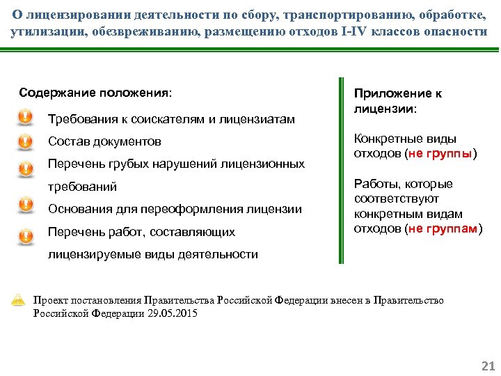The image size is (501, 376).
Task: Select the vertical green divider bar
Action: click(x=340, y=170)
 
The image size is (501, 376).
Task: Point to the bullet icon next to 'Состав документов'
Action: click(x=24, y=142)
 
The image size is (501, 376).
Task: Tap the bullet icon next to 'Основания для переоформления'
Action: click(x=24, y=205)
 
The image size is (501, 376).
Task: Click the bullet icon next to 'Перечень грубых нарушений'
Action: click(x=24, y=168)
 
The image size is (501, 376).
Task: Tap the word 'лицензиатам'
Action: click(x=260, y=119)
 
